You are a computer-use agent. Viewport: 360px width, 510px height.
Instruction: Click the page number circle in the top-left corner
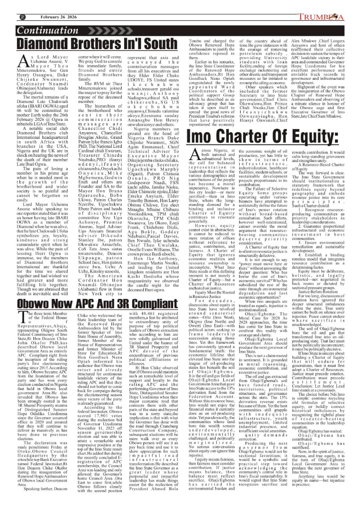[9, 4]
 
